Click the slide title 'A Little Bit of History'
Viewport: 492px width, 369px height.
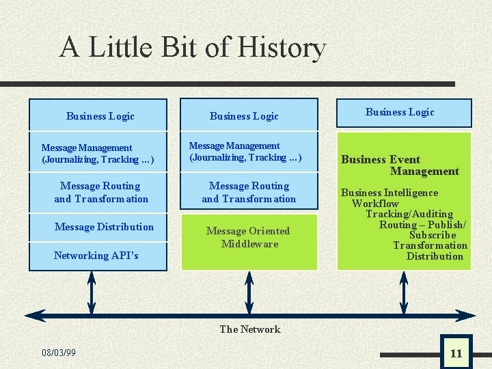coord(193,48)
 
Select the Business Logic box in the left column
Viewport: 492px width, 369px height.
coord(100,116)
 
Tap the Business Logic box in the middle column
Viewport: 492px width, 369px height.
coord(244,116)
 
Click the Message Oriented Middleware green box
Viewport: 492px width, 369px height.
coord(248,237)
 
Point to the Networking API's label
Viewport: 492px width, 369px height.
coord(96,256)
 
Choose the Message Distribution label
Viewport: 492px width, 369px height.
coord(104,227)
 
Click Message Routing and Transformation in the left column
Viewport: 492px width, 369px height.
coord(101,192)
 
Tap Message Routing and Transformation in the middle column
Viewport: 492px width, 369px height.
coord(249,192)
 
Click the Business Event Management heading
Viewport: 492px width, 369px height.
coord(400,165)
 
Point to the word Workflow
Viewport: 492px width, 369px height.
coord(375,204)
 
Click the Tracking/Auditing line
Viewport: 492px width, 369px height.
coord(409,214)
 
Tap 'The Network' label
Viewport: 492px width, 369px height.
coord(249,329)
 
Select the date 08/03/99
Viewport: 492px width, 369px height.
coord(59,353)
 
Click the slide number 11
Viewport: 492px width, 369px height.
coord(456,353)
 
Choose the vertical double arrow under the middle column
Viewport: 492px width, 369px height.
coord(249,293)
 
